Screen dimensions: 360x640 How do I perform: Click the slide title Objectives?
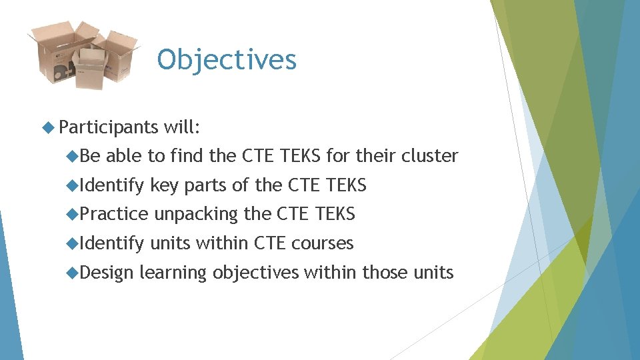pyautogui.click(x=227, y=60)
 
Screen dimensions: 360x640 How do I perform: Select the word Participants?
pyautogui.click(x=108, y=127)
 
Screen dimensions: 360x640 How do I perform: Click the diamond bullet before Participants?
pyautogui.click(x=47, y=127)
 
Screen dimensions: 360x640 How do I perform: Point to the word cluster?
pyautogui.click(x=429, y=156)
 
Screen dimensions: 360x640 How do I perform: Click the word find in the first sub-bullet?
pyautogui.click(x=187, y=156)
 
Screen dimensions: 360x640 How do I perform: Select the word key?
pyautogui.click(x=165, y=185)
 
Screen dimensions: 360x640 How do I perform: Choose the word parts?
pyautogui.click(x=205, y=185)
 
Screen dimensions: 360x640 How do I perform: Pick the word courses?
pyautogui.click(x=322, y=243)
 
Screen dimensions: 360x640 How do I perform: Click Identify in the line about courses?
pyautogui.click(x=112, y=243)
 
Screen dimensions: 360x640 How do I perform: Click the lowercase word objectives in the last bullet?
pyautogui.click(x=256, y=273)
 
